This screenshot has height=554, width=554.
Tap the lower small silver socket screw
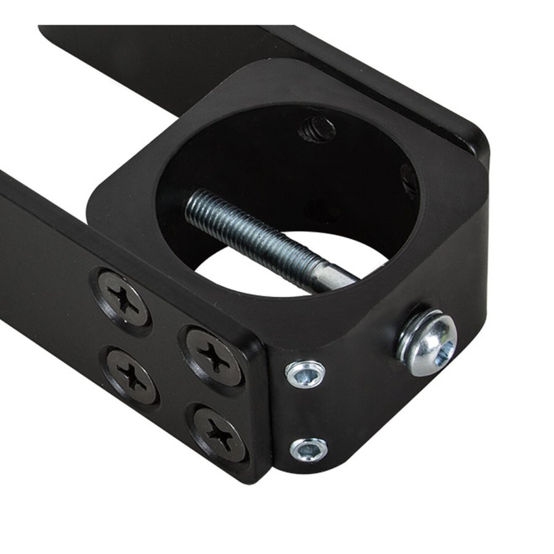point(308,450)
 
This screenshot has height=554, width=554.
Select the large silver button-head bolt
point(429,343)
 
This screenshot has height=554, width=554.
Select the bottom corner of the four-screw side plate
point(262,474)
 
